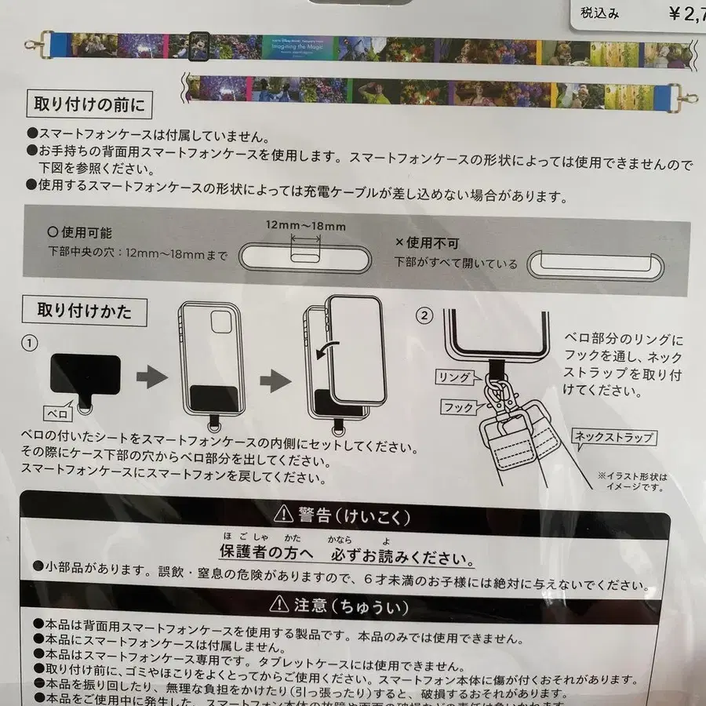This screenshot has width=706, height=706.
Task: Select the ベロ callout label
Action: coord(60,411)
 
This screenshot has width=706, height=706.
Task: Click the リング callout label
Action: coord(456,378)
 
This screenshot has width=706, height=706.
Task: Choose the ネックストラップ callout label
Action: coord(615,438)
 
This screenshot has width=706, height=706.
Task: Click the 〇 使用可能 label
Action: coord(81,233)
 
